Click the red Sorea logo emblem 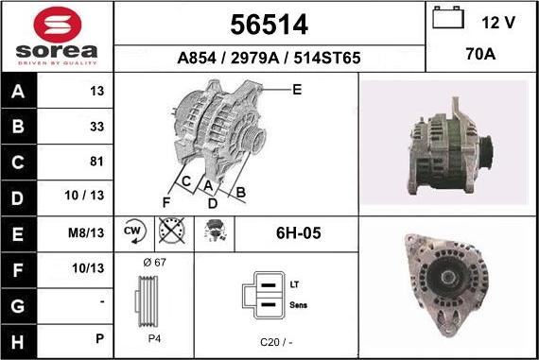point(58,25)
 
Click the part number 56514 point(269,25)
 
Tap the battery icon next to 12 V point(448,18)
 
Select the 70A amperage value point(480,54)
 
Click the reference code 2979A point(254,58)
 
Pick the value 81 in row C point(96,162)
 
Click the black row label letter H point(18,342)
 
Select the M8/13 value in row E point(86,232)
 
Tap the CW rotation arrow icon point(134,231)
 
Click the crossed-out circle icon point(172,230)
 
